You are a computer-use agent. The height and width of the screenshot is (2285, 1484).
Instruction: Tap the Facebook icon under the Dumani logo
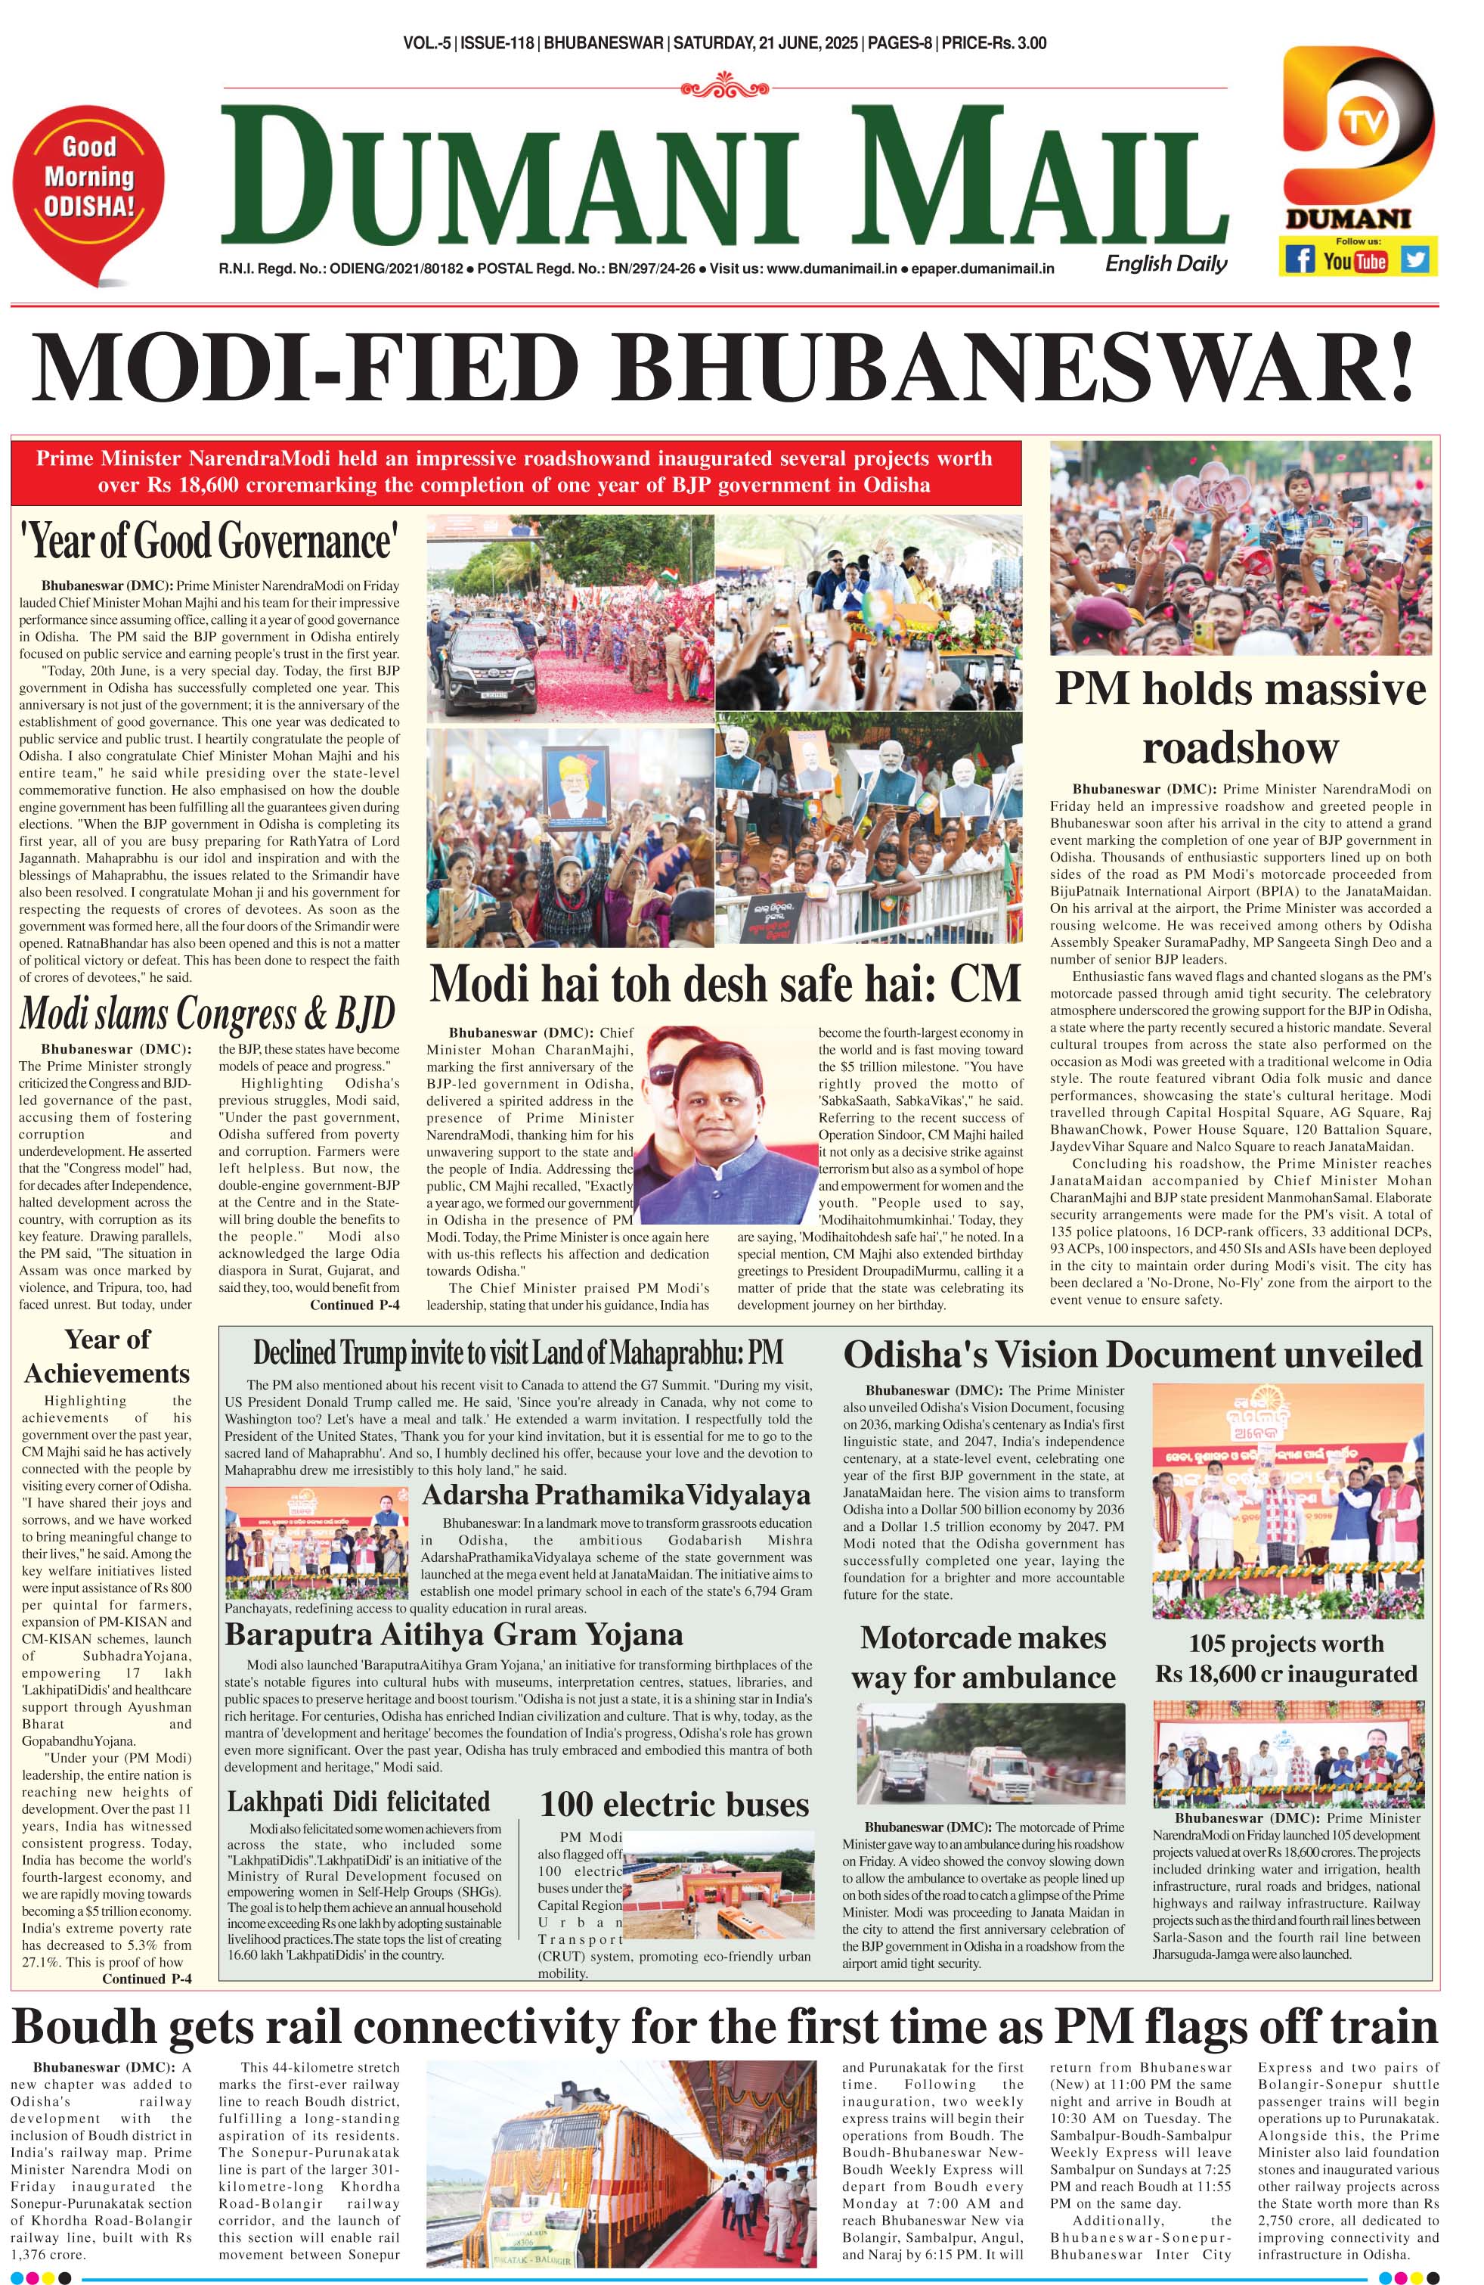pyautogui.click(x=1300, y=259)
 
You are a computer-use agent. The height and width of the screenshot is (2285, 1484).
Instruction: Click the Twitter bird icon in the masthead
pyautogui.click(x=1414, y=259)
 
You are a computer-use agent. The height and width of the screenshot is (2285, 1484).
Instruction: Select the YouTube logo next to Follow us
pyautogui.click(x=1355, y=260)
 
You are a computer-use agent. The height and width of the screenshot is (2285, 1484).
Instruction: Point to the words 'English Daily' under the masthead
pyautogui.click(x=1165, y=263)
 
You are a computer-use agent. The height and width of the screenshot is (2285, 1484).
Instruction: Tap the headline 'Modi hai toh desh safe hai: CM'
pyautogui.click(x=723, y=983)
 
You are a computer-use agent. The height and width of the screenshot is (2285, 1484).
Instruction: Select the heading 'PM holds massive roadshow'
pyautogui.click(x=1240, y=717)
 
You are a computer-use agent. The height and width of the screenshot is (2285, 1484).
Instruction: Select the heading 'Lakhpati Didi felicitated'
pyautogui.click(x=358, y=1801)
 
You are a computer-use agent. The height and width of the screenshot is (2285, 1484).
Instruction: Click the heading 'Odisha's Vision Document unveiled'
pyautogui.click(x=1132, y=1354)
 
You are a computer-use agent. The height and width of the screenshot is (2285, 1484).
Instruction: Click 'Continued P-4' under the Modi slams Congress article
pyautogui.click(x=355, y=1305)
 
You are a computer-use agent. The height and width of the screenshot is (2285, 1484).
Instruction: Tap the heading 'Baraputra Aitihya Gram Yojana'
pyautogui.click(x=454, y=1634)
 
